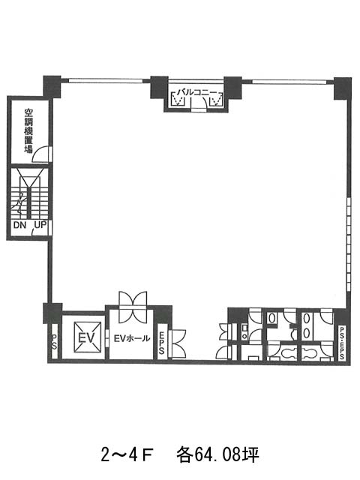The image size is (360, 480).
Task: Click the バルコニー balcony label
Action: (196, 92)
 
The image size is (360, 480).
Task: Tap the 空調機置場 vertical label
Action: (28, 131)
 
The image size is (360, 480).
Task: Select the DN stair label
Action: (20, 225)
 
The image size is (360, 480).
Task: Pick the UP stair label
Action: (40, 225)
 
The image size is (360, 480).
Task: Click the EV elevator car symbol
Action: (88, 337)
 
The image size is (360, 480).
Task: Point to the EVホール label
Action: (132, 338)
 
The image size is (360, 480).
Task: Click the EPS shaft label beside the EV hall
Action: (161, 343)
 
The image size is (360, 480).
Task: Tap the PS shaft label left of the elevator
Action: (54, 342)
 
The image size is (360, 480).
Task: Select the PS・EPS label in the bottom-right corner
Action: (342, 343)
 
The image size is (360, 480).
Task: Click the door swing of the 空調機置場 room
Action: (40, 153)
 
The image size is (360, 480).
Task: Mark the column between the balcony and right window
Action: (233, 87)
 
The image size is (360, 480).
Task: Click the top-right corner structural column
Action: (342, 88)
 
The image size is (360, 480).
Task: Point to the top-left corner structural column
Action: (52, 87)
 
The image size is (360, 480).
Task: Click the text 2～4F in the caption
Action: (127, 455)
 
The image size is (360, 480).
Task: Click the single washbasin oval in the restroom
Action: (271, 318)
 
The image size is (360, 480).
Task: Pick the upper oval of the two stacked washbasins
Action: (307, 319)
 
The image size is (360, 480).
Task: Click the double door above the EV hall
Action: (133, 307)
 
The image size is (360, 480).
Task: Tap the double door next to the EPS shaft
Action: (178, 343)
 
